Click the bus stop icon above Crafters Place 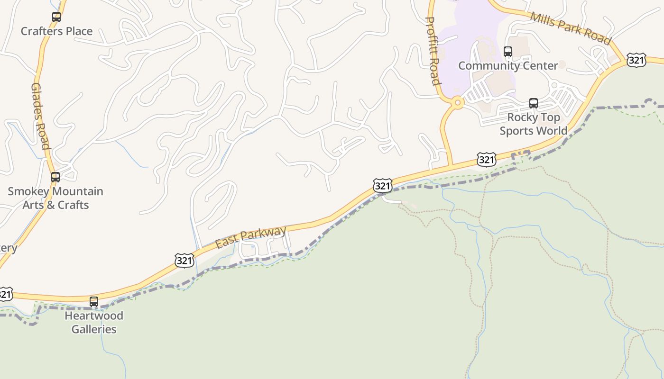[56, 17]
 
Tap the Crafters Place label [56, 31]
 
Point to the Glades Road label [41, 116]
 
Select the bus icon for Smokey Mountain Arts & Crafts [55, 177]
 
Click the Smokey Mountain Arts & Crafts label [55, 198]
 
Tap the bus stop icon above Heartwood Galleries [94, 301]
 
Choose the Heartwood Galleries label [94, 322]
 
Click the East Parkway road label [251, 237]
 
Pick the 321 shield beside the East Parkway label [184, 260]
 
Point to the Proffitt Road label [433, 51]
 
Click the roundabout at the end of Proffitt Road [457, 102]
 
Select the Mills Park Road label [571, 28]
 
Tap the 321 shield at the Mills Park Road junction [636, 60]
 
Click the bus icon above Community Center [508, 52]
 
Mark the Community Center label [508, 65]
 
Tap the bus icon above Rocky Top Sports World [534, 103]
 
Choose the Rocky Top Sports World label [534, 124]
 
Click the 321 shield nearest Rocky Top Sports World [487, 160]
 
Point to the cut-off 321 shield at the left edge [5, 294]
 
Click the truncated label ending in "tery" [8, 248]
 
